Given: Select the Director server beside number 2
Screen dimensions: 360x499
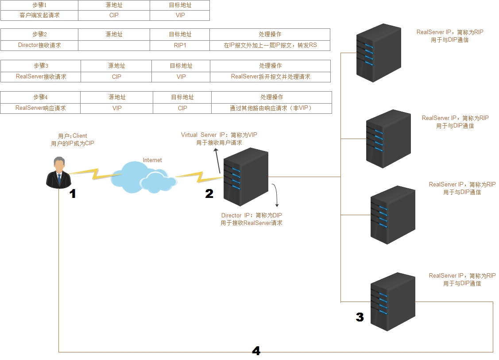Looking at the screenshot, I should click(x=246, y=177).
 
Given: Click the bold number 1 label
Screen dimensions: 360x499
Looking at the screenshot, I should click(x=73, y=194).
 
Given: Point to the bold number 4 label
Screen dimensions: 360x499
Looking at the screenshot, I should click(x=256, y=351).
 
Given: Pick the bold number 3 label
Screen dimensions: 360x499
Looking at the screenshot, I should click(x=360, y=317).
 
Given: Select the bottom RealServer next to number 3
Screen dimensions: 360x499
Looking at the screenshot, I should click(x=393, y=302).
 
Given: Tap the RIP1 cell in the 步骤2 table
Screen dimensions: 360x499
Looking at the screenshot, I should click(x=180, y=45).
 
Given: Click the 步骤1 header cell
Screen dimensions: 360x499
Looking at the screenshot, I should click(x=39, y=5).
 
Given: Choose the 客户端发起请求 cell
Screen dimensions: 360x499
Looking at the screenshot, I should click(x=39, y=15).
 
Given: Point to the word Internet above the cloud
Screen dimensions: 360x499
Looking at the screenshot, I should click(x=152, y=160).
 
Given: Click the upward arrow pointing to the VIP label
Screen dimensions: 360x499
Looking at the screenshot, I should click(x=217, y=162).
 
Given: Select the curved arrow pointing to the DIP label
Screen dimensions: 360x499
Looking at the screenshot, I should click(x=277, y=195).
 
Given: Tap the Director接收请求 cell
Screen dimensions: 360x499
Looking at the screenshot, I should click(x=39, y=45).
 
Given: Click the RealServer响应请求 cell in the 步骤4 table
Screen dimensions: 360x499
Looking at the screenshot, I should click(x=40, y=108).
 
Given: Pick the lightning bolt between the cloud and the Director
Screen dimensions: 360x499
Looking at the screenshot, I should click(x=199, y=177).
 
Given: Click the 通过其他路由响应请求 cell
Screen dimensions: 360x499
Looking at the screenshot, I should click(x=271, y=108).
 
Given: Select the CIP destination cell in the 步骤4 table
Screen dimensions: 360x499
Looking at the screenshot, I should click(x=182, y=108).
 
